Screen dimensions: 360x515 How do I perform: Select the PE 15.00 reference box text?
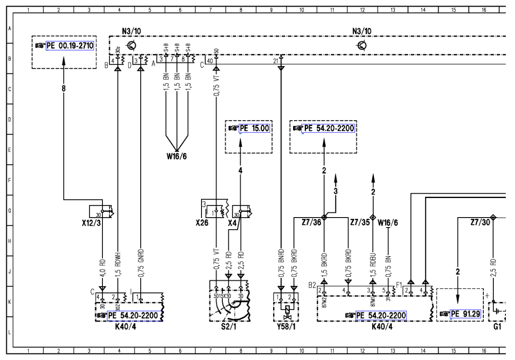click(255, 128)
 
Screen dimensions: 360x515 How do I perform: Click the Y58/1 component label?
click(285, 326)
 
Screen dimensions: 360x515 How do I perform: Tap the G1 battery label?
click(497, 326)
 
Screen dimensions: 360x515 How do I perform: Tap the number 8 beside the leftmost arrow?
click(63, 87)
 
